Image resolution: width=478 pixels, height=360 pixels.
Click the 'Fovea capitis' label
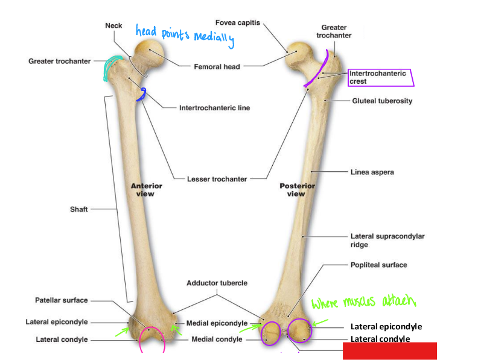238,23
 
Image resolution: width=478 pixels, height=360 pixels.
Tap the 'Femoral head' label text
217,67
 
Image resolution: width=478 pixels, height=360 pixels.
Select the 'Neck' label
113,25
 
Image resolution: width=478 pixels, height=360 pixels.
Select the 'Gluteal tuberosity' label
382,101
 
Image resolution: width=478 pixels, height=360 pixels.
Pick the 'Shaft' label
78,209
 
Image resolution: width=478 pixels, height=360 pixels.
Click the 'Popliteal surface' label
378,265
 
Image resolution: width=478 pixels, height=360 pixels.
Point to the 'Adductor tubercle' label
217,283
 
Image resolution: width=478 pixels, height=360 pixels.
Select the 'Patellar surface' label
61,300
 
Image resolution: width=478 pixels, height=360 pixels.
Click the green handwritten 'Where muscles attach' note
363,302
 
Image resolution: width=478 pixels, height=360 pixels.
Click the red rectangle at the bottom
389,351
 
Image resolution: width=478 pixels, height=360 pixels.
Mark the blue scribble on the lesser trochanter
142,94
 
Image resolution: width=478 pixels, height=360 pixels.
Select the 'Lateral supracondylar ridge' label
387,241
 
